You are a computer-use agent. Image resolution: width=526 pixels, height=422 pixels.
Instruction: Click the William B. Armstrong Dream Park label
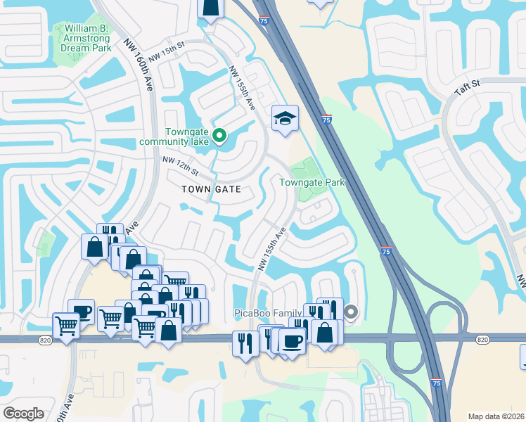(85, 38)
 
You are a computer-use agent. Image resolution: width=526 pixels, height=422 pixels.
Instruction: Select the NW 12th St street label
(181, 166)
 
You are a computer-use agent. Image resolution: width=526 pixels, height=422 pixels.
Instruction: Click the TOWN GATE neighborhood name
(211, 189)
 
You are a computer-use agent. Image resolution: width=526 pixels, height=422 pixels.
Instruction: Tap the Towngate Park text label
(312, 182)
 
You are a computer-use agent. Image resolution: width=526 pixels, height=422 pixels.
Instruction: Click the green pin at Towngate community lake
(219, 135)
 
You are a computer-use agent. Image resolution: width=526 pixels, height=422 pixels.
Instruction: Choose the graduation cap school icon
(286, 119)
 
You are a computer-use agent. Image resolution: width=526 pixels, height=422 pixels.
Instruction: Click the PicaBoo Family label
(268, 312)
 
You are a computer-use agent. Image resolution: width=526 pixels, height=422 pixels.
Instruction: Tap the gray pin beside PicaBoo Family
(351, 312)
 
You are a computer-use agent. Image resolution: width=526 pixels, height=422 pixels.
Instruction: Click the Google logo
(24, 413)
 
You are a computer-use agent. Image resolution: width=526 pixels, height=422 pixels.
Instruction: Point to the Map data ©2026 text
(496, 416)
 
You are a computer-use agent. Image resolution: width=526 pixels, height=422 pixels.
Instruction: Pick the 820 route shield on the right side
(482, 340)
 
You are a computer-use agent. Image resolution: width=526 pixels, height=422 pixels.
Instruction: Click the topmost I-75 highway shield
(263, 22)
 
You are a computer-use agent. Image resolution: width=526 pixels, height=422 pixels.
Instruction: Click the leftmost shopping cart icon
(66, 326)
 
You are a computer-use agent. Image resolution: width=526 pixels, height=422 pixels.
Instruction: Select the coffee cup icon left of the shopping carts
(82, 312)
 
